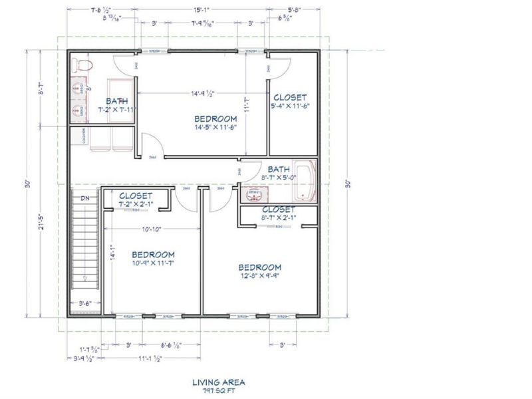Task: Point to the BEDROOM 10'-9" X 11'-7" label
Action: [153, 259]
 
